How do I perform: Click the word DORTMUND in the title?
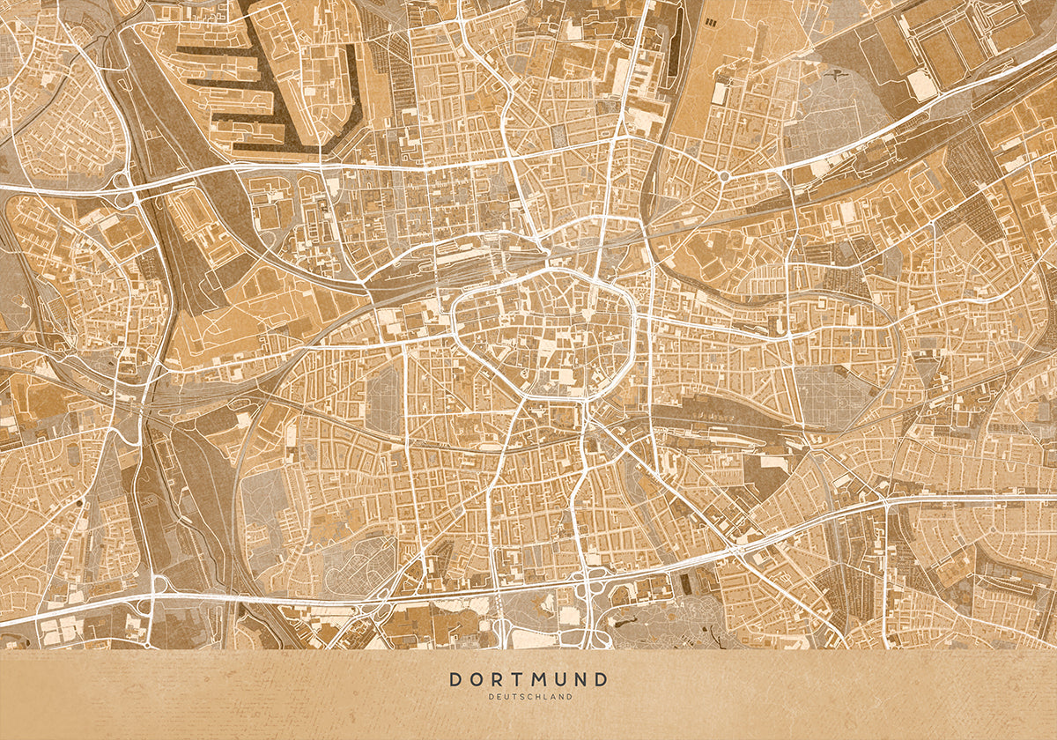pyautogui.click(x=528, y=679)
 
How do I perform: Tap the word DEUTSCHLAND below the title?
pyautogui.click(x=528, y=697)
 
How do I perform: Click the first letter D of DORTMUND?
pyautogui.click(x=455, y=679)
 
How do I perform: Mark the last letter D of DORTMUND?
pyautogui.click(x=601, y=679)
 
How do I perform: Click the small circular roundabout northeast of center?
pyautogui.click(x=724, y=176)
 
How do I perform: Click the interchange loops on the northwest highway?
pyautogui.click(x=121, y=187)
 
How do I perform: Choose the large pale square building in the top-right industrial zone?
pyautogui.click(x=921, y=85)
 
